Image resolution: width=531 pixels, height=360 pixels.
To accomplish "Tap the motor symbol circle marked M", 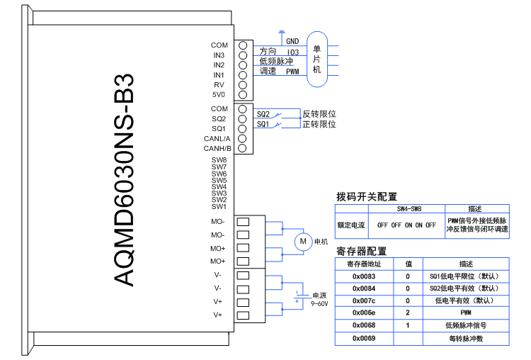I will tap(303, 242).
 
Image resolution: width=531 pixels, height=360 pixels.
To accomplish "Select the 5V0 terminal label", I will tap(218, 94).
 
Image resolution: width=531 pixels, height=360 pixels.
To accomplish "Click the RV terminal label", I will tap(219, 84).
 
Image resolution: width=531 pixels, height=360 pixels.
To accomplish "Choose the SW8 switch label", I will tap(218, 160).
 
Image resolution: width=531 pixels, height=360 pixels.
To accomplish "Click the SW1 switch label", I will tap(218, 207).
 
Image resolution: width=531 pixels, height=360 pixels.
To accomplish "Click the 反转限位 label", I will tap(319, 114).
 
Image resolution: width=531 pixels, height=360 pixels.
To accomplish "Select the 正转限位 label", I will tap(319, 124).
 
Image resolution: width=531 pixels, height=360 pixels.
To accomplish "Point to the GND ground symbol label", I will tap(292, 41).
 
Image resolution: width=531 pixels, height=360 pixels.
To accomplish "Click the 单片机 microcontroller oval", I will tap(316, 59).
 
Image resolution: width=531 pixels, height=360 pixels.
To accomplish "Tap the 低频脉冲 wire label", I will tap(276, 62).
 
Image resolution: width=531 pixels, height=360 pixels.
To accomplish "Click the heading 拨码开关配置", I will tap(366, 197).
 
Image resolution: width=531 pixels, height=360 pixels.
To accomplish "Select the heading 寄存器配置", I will tap(361, 252).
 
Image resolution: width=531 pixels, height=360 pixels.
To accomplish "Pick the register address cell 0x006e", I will tap(363, 313).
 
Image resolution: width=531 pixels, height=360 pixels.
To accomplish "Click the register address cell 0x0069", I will tap(363, 339).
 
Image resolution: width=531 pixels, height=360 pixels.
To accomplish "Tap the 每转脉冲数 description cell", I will tap(465, 339).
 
